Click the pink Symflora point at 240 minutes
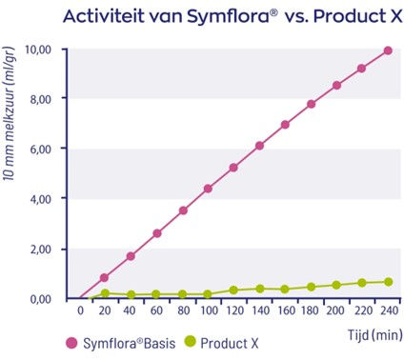pyautogui.click(x=388, y=50)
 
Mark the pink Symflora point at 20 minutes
pyautogui.click(x=105, y=278)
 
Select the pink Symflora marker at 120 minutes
pyautogui.click(x=233, y=167)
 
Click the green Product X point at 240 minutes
pyautogui.click(x=388, y=282)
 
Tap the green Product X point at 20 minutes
pyautogui.click(x=105, y=293)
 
